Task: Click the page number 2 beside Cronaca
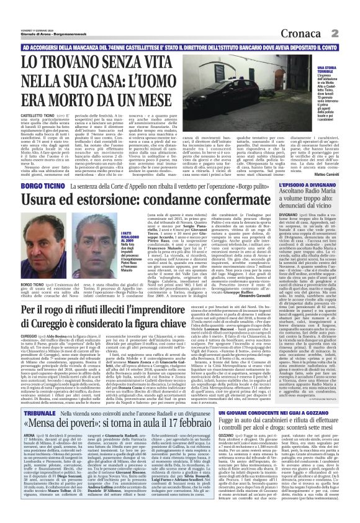[x=351, y=32]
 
